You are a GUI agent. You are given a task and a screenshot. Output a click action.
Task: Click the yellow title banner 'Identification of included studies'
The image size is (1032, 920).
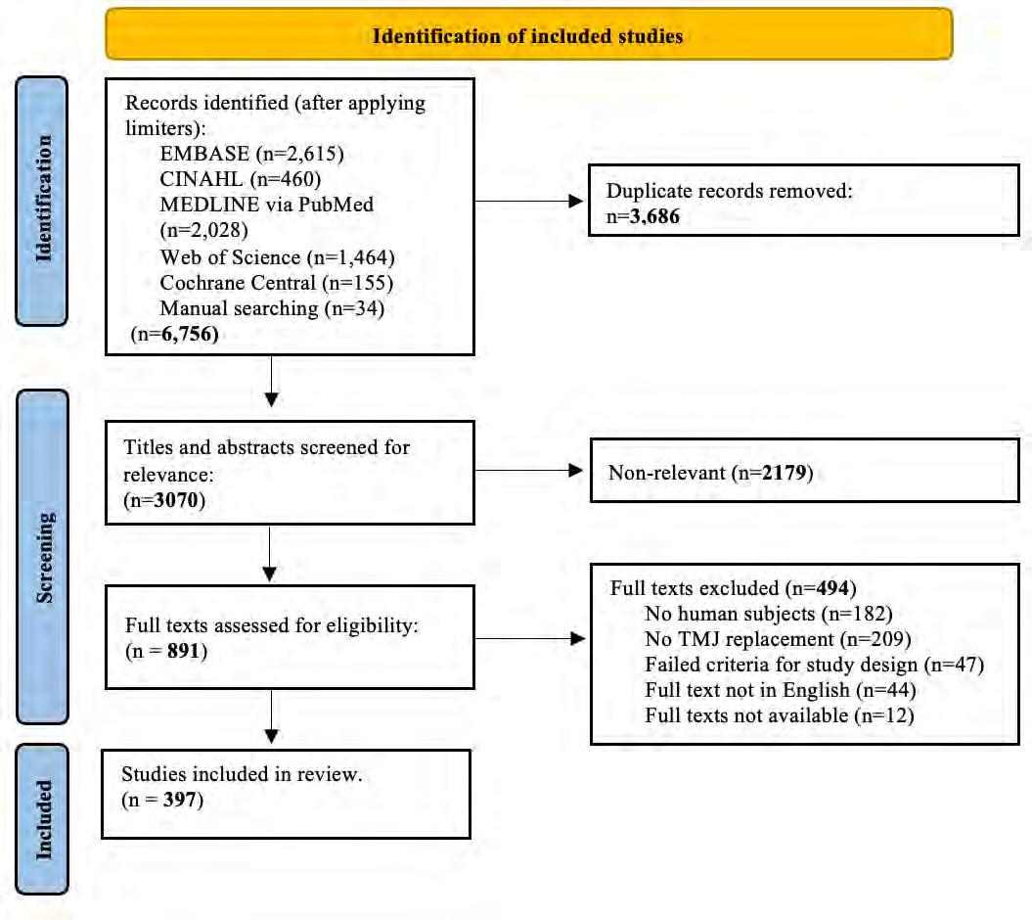tap(528, 34)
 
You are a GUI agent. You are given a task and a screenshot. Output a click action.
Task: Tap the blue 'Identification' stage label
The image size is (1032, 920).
tap(41, 201)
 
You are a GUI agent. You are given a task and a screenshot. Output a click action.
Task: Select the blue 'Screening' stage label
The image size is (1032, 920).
tap(42, 557)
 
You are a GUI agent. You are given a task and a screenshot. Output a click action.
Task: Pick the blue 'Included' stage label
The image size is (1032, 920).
tap(41, 819)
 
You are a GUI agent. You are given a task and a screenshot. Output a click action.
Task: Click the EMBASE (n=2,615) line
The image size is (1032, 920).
tap(251, 154)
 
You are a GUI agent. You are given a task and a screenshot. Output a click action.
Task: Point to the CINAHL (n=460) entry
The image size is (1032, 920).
tap(241, 179)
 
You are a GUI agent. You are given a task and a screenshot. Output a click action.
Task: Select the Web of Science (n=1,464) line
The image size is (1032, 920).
tap(277, 256)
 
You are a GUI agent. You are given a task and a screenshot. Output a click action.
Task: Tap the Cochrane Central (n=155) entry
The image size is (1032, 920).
tap(277, 283)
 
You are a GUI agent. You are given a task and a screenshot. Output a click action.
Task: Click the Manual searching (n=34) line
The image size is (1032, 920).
tap(272, 308)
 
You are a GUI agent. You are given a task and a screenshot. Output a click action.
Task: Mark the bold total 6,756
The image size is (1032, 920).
tap(190, 334)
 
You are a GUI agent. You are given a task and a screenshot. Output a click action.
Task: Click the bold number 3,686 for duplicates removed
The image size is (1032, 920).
tap(654, 216)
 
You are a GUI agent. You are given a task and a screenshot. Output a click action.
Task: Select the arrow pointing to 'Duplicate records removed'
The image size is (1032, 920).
tap(528, 201)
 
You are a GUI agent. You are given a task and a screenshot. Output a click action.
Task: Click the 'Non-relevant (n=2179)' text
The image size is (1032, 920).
tap(710, 472)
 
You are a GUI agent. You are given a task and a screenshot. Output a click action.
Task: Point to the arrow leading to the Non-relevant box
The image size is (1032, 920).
tap(528, 470)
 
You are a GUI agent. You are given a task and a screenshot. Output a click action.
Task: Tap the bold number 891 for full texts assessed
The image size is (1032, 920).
tap(183, 651)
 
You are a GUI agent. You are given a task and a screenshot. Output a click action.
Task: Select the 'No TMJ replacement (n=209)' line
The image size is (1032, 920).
tap(778, 639)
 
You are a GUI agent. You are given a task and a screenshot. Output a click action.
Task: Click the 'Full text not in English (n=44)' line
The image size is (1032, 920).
tap(781, 689)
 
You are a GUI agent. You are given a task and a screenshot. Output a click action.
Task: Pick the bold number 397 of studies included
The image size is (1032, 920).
tap(179, 800)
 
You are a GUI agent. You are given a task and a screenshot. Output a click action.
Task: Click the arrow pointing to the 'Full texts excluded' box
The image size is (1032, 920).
tap(530, 638)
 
